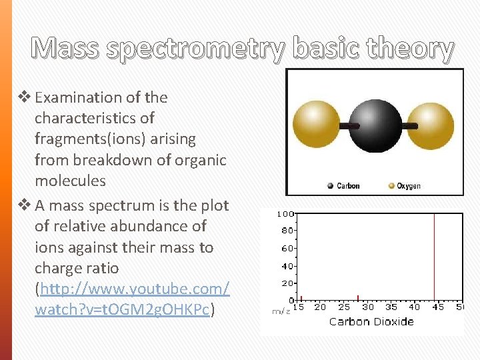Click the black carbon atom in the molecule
[374, 125]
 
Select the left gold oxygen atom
[317, 125]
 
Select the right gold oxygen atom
[431, 125]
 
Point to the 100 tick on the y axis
[285, 215]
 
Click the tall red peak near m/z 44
[434, 257]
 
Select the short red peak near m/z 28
[358, 298]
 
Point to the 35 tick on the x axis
[391, 307]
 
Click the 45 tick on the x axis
[437, 307]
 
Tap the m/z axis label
[281, 311]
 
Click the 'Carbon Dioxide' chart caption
[371, 321]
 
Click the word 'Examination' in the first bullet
[78, 97]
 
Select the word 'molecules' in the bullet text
[70, 181]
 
